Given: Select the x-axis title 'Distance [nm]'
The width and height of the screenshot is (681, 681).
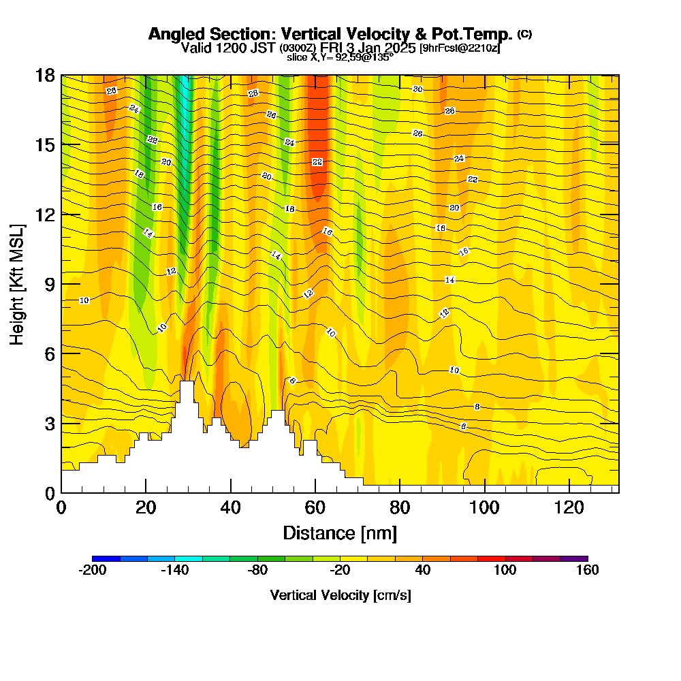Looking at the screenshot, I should pos(340,533).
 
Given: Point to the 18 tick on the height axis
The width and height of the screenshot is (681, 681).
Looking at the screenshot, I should pos(46,75).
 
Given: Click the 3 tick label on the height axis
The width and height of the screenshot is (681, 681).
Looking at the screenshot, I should pos(50,423).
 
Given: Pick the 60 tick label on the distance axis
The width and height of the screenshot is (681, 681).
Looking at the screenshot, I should pos(315,507).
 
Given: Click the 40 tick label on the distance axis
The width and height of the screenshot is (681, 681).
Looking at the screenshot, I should pos(231,507).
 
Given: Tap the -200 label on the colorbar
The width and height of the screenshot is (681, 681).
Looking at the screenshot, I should pos(93,571).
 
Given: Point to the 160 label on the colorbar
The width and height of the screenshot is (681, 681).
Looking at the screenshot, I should pos(587,571).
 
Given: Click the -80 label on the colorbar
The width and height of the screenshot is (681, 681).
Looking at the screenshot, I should pos(257,571).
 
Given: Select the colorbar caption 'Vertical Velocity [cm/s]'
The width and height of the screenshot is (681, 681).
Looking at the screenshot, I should pos(340,595).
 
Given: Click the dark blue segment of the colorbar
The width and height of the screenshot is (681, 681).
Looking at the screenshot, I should pos(106,558).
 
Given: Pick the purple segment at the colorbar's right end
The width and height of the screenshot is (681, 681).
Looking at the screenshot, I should pos(573,558).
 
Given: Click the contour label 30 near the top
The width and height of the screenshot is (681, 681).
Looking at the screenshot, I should pos(417,89).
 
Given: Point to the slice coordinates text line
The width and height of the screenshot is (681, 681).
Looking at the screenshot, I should pos(340,57).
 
